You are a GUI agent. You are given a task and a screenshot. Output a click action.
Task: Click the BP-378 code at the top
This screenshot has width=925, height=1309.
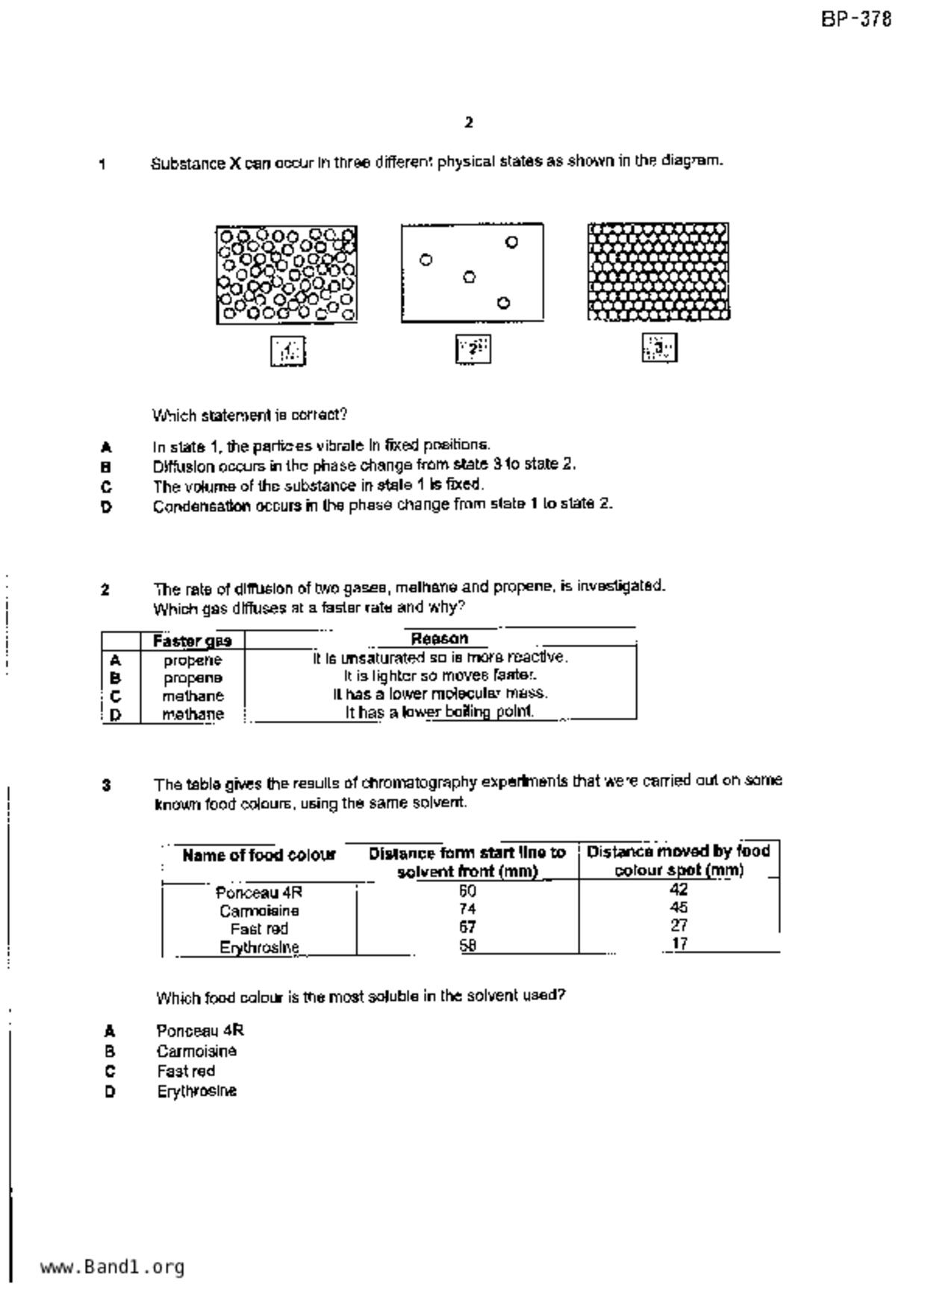pos(856,19)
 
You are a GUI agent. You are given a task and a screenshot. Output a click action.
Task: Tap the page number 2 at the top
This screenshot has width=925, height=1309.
pos(468,122)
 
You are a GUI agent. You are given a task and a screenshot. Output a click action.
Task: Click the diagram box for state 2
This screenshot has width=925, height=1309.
pos(472,273)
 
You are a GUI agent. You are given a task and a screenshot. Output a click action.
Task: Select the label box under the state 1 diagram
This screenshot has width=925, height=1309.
pos(288,351)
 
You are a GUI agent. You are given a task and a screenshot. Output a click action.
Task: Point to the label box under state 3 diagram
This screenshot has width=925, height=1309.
pos(659,348)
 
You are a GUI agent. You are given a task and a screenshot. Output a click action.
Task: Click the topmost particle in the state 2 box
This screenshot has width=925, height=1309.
pos(511,242)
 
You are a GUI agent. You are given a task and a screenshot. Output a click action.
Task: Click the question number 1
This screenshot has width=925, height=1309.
pos(102,164)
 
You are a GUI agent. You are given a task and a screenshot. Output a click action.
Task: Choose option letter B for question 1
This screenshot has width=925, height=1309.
pos(106,467)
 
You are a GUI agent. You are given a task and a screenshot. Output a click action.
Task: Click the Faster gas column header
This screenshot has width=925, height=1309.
pos(193,641)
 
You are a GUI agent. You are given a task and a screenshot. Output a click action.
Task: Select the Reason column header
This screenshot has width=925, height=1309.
pos(440,639)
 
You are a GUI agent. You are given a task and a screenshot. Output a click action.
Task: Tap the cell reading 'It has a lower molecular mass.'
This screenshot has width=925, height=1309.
pos(440,693)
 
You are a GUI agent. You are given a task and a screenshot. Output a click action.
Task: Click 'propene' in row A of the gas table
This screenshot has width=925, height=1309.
pos(193,660)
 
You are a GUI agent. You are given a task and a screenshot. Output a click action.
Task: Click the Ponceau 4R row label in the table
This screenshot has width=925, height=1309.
pos(259,893)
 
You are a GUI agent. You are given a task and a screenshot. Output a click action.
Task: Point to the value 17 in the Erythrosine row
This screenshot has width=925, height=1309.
pos(679,944)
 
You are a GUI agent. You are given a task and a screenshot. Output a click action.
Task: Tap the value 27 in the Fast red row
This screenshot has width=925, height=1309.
pos(679,926)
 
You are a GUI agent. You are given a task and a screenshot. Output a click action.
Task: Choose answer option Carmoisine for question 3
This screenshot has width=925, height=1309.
pos(196,1052)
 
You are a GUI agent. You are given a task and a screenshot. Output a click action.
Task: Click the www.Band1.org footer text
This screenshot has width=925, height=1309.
pos(112,1267)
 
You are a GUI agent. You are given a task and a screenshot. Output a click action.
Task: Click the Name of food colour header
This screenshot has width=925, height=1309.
pos(259,855)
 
